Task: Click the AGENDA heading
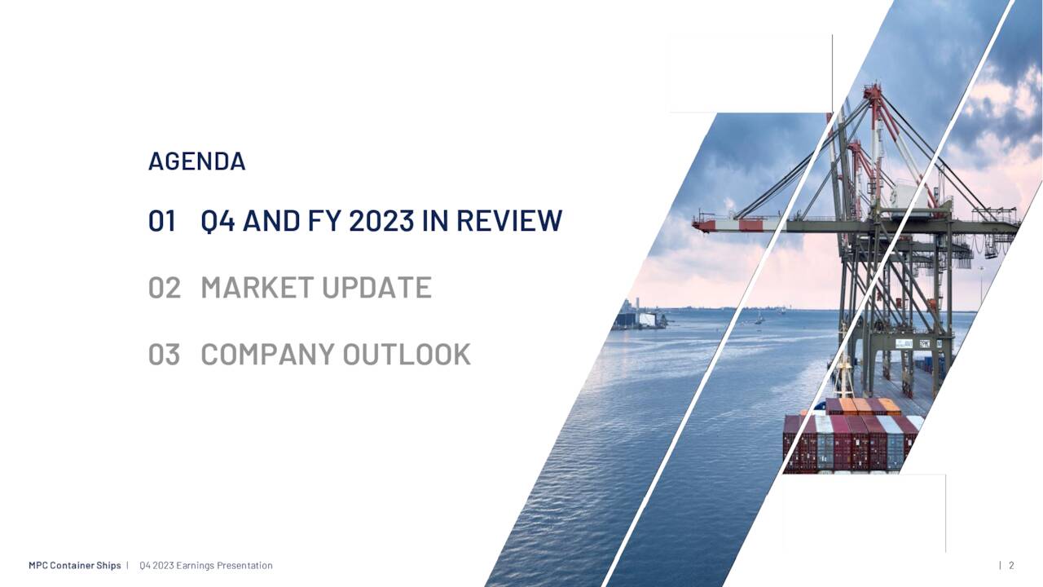click(196, 161)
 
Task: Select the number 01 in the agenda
click(162, 221)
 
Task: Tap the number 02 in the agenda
click(164, 288)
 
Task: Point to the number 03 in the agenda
click(164, 355)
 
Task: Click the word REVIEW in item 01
click(508, 221)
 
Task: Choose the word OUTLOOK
click(407, 355)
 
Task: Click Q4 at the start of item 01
click(218, 221)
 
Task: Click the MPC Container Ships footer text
click(74, 566)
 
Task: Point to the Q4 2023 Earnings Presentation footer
click(206, 566)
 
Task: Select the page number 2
click(1011, 566)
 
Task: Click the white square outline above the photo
click(750, 73)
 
